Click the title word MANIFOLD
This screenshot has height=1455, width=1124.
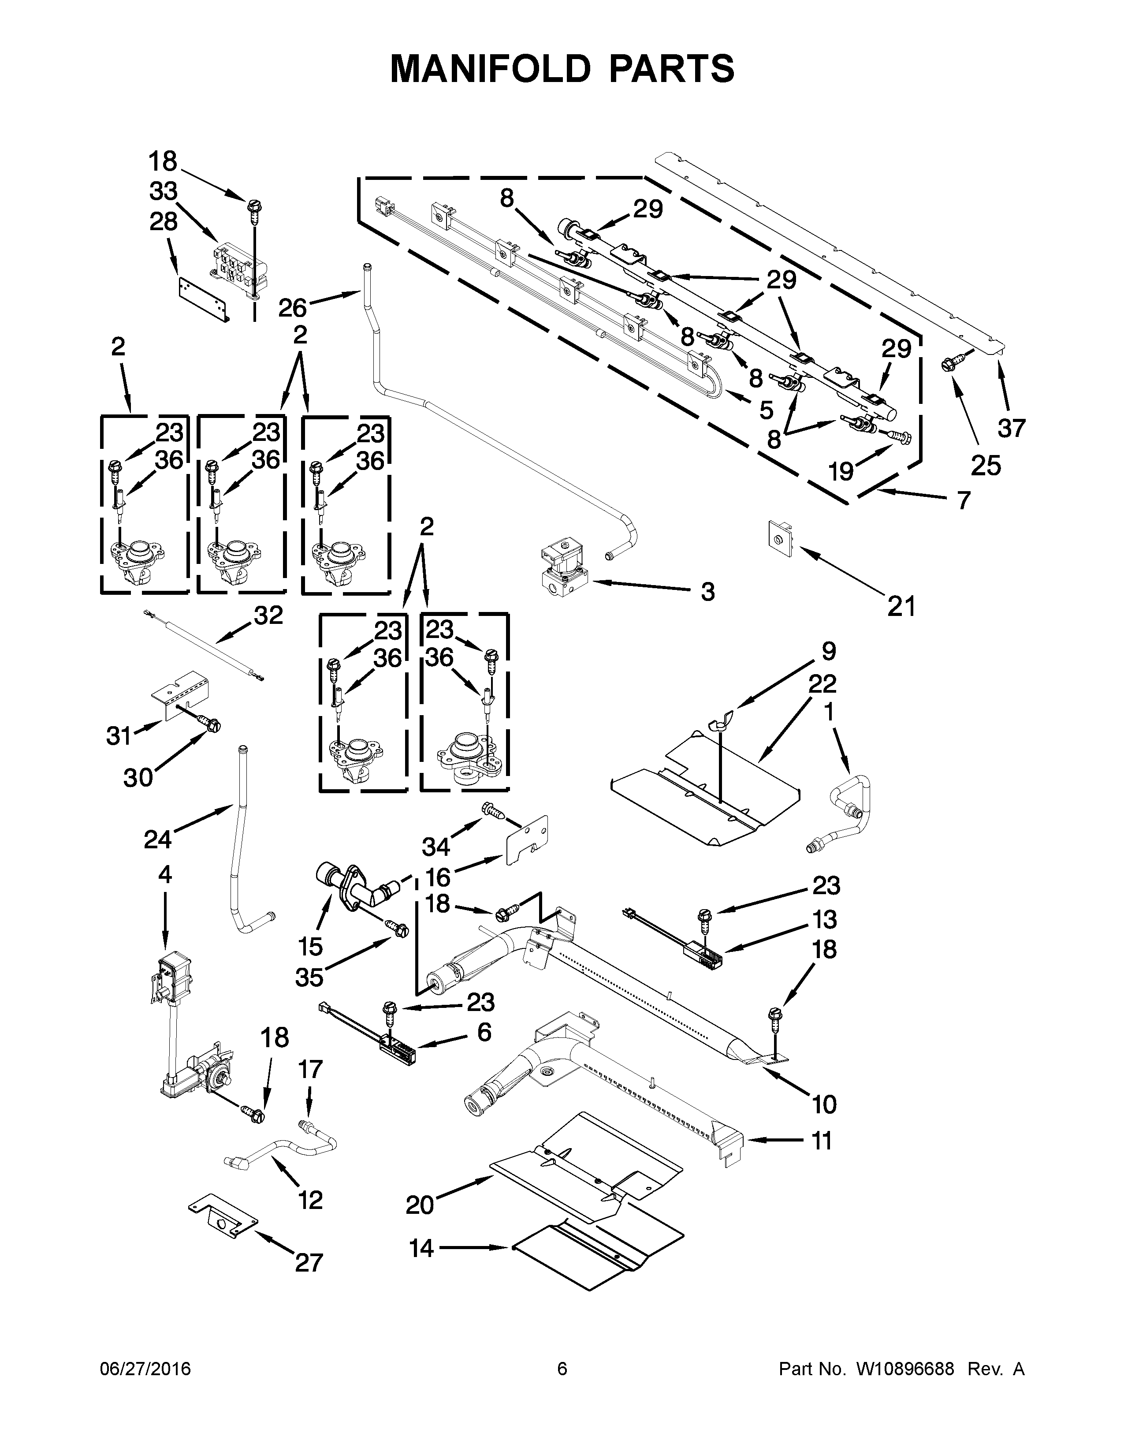click(489, 69)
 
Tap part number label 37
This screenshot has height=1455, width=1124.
click(1011, 428)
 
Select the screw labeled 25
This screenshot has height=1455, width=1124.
click(948, 365)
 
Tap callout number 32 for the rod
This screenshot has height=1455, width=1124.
click(268, 615)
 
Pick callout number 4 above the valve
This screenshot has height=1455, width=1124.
click(164, 873)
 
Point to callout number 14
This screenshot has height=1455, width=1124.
click(421, 1247)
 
